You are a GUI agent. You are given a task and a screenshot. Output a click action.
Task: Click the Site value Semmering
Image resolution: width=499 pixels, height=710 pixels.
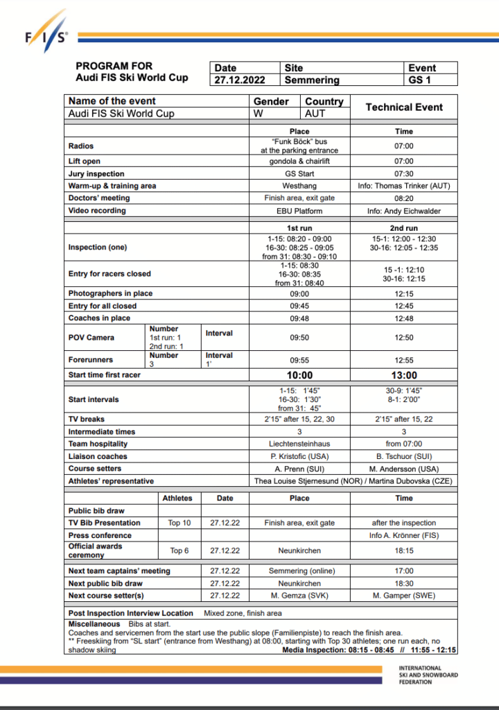[x=312, y=80]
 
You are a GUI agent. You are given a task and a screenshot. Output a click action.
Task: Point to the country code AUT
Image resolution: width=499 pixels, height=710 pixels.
[x=315, y=114]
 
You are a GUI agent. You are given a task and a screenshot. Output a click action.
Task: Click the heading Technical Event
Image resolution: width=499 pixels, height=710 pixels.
[x=404, y=107]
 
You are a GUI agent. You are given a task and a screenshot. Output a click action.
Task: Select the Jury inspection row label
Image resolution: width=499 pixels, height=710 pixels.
[x=96, y=173]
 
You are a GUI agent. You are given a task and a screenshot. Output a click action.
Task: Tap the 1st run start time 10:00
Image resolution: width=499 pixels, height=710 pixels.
[x=299, y=375]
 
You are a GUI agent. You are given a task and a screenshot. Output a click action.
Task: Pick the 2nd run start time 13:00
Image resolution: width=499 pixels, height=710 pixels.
[x=404, y=375]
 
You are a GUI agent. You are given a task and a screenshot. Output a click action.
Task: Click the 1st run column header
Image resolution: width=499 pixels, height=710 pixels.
[x=299, y=228]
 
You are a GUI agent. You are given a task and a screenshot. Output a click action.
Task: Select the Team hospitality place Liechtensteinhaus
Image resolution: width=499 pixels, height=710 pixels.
[x=299, y=444]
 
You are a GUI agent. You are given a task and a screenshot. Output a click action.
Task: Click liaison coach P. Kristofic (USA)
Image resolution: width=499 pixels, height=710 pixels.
[x=299, y=456]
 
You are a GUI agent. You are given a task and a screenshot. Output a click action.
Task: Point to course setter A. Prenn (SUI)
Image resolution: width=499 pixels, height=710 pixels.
[x=299, y=469]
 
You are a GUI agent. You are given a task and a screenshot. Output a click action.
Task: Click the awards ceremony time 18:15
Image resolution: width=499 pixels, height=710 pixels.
[x=404, y=551]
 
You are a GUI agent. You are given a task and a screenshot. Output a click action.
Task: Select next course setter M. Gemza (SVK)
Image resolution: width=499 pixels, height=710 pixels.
[x=299, y=596]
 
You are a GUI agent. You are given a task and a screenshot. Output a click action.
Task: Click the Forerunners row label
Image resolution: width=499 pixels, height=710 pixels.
[x=90, y=360]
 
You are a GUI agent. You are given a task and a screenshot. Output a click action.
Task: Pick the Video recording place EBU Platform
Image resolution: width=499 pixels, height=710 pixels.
[x=299, y=211]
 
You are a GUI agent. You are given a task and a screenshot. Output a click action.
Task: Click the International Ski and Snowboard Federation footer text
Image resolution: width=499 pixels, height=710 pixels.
[x=428, y=675]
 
